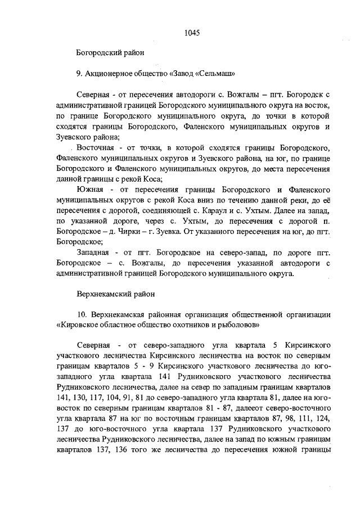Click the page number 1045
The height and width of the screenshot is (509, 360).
point(192,33)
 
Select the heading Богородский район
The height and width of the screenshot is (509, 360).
point(110,53)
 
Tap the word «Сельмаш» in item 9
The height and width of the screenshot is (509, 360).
point(214,73)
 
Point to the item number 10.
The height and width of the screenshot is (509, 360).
point(82,314)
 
